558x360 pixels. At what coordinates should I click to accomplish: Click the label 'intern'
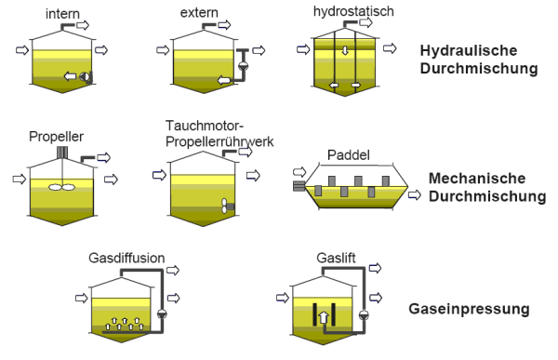(62, 14)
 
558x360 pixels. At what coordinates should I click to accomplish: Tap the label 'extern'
(199, 12)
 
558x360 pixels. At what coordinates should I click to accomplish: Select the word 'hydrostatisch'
(353, 11)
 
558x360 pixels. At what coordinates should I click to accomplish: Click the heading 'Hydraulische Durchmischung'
(479, 60)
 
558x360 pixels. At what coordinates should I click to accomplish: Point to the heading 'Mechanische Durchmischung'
(487, 187)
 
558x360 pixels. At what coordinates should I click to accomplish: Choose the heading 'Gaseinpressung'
(469, 309)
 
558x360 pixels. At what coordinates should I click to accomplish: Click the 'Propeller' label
(56, 137)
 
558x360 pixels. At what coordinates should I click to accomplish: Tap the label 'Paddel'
(349, 155)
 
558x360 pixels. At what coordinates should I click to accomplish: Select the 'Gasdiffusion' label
(126, 258)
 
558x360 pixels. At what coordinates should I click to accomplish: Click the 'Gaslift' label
(336, 258)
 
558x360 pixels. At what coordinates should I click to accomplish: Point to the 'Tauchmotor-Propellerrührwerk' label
(219, 134)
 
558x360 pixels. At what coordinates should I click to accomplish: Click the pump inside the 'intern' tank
(85, 76)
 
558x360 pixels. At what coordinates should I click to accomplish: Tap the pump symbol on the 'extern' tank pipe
(244, 66)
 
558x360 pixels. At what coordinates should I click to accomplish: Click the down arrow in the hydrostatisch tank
(345, 50)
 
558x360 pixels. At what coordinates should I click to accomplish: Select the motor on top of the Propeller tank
(62, 153)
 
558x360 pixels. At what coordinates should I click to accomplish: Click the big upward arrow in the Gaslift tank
(323, 317)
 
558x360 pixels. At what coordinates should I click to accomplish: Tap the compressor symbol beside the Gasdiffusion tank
(162, 313)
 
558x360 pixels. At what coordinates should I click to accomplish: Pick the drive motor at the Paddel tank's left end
(299, 185)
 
